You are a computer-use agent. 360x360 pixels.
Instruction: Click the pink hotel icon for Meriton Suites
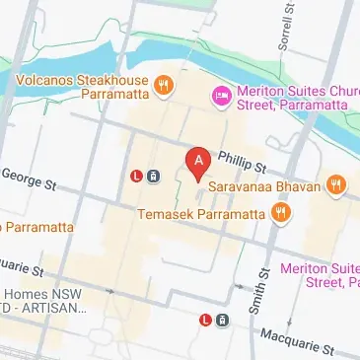222,95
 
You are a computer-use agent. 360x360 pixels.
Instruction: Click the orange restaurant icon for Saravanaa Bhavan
336,183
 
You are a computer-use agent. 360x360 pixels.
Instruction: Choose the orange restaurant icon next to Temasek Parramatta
281,212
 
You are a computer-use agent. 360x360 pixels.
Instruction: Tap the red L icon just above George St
136,178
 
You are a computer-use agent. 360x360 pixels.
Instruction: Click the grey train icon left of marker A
154,178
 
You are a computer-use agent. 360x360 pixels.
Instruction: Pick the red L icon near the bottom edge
205,320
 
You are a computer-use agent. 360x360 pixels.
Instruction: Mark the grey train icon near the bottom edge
223,320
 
